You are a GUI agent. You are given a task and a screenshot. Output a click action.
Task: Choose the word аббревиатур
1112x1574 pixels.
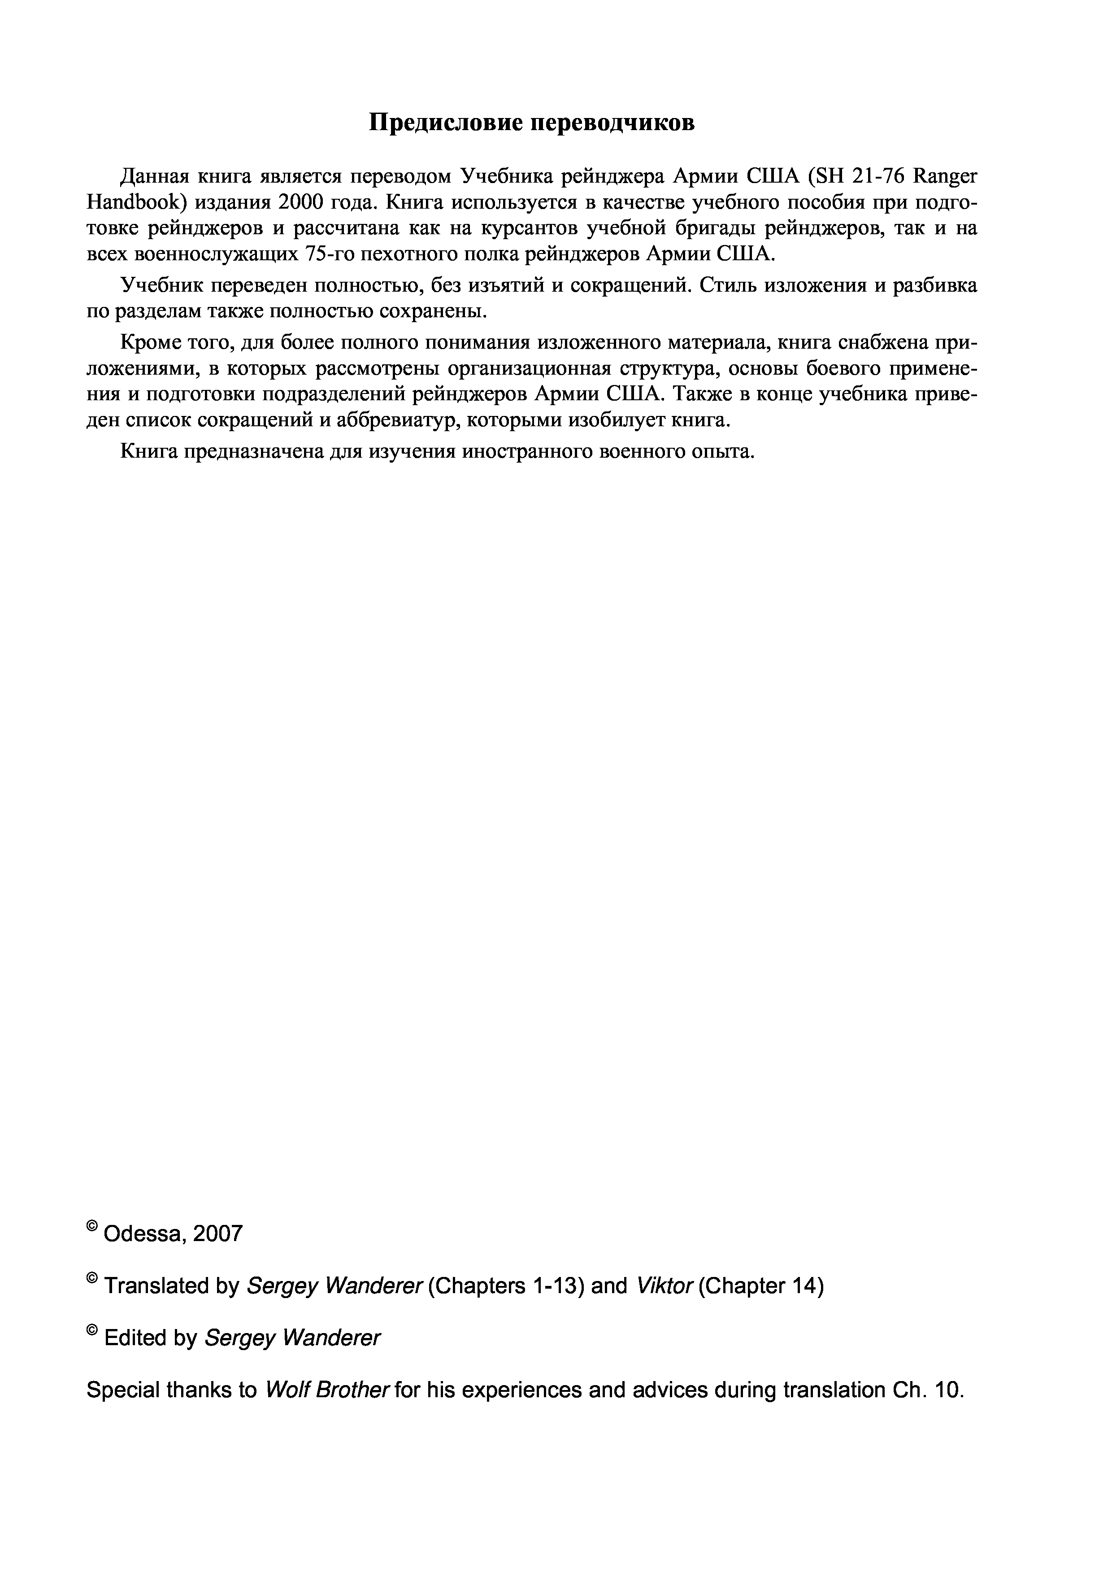point(398,420)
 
